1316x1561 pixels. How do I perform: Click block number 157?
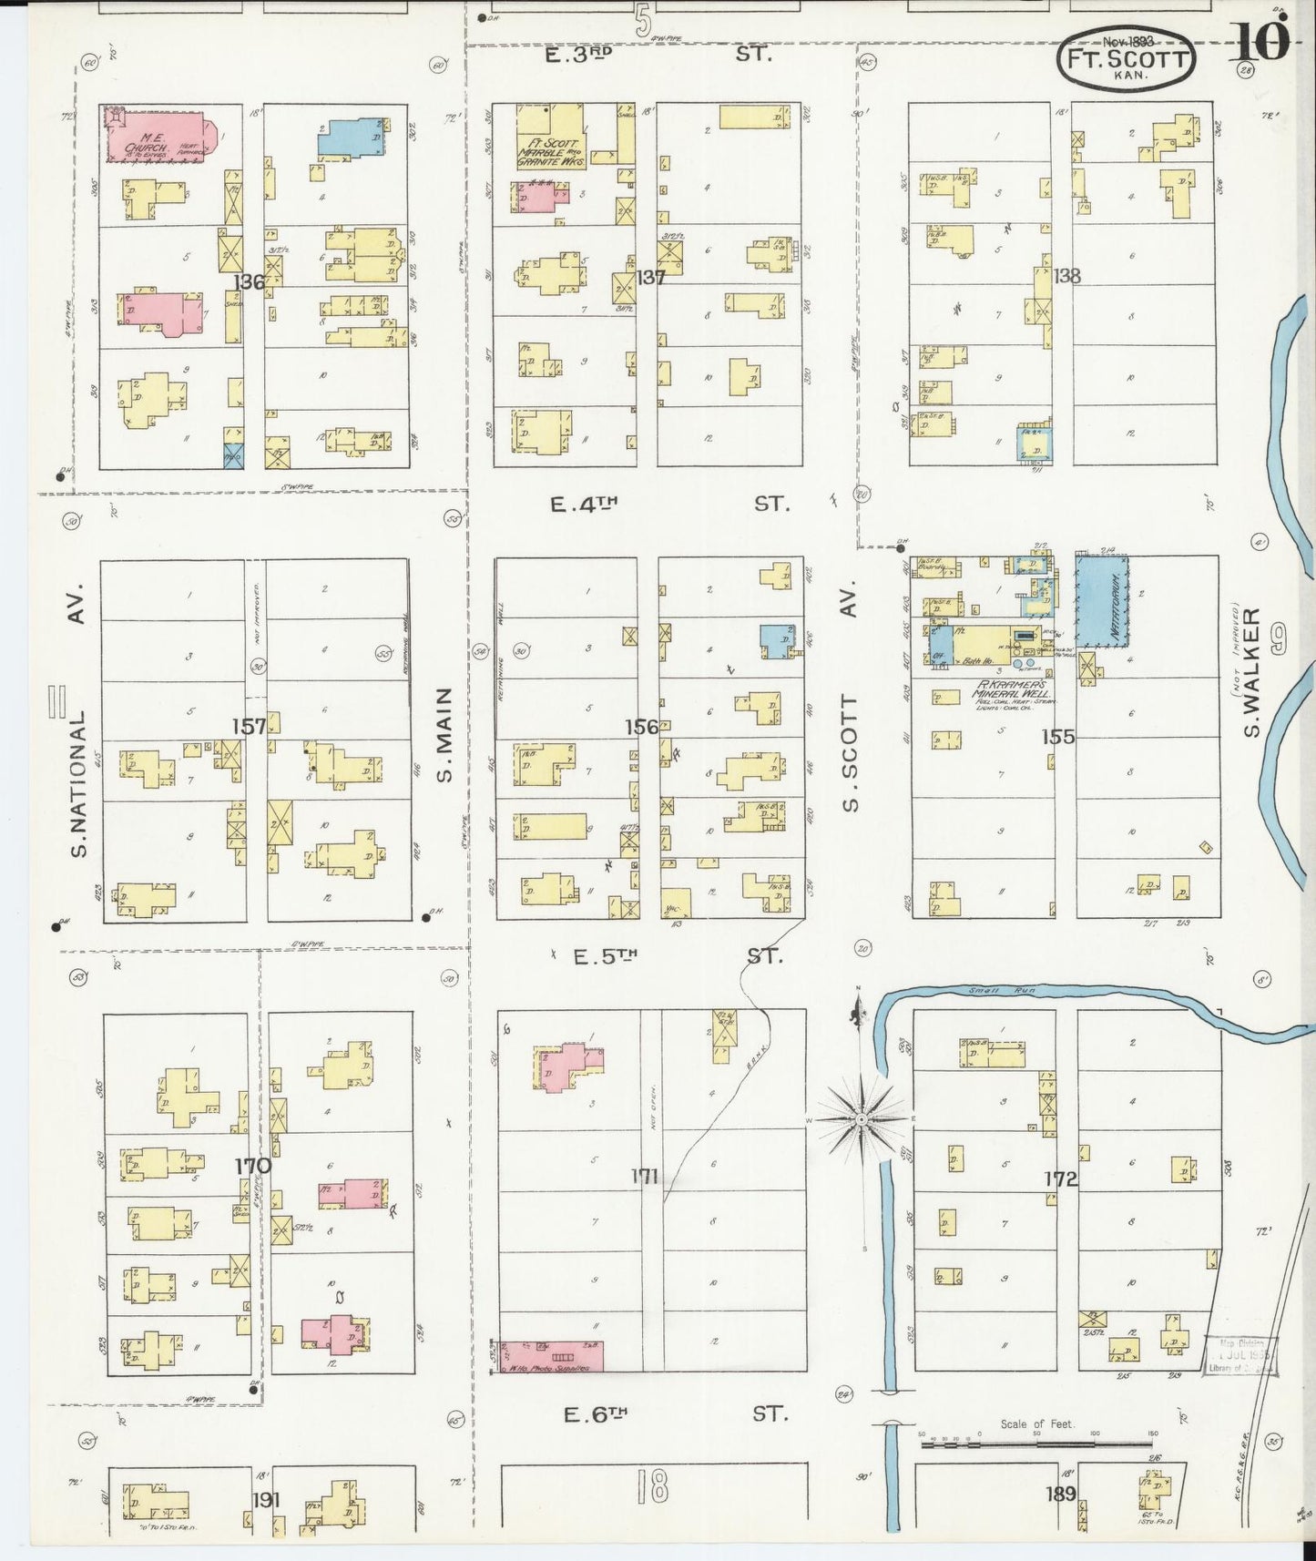tap(249, 726)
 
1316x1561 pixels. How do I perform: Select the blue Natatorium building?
tap(1102, 601)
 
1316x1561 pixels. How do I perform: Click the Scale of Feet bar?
tap(1035, 1444)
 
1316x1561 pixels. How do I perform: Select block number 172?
tap(1060, 1179)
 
